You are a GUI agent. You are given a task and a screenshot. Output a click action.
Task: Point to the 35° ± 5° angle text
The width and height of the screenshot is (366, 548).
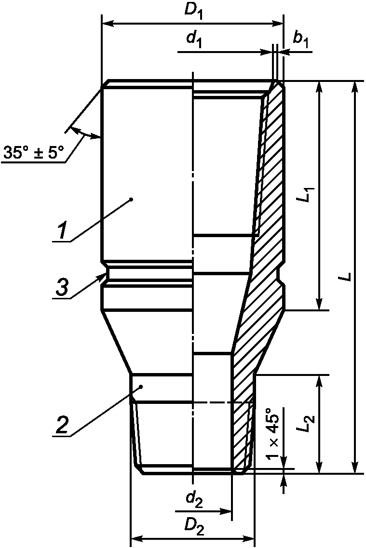pos(34,153)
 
